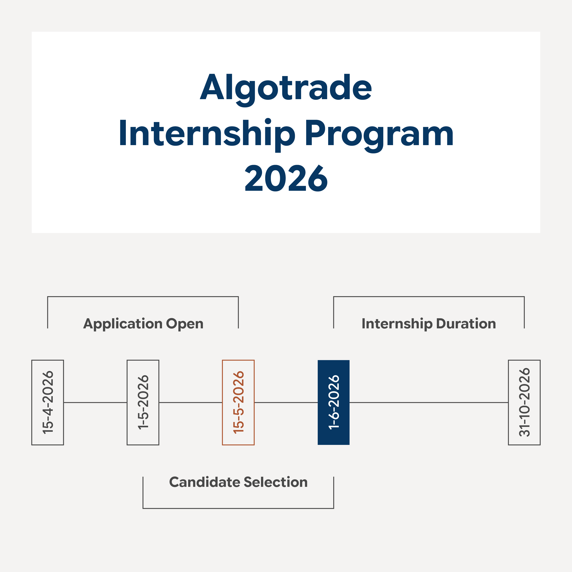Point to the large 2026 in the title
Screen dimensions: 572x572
coord(286,178)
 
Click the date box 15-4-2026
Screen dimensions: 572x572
coord(48,402)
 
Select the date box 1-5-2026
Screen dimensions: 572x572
coord(143,402)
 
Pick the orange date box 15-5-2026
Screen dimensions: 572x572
coord(238,402)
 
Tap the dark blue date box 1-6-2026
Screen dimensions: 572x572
coord(334,402)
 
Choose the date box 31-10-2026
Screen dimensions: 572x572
coord(524,402)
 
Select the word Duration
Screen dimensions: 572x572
coord(466,323)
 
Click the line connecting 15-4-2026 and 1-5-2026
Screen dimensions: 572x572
coord(95,402)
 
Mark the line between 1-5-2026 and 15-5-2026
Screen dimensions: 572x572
coord(191,402)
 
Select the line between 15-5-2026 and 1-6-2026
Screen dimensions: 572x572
coord(286,402)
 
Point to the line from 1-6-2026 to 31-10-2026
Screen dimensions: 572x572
coord(429,402)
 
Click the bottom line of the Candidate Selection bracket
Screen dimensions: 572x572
coord(238,508)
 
